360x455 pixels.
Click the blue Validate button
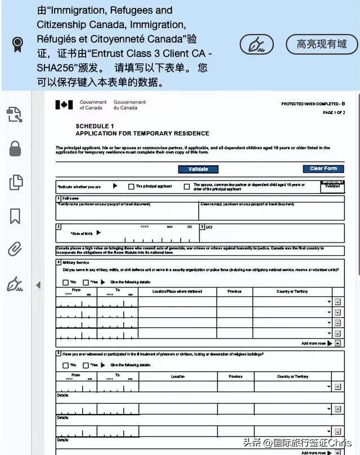pos(198,169)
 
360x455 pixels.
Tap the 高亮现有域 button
pos(322,44)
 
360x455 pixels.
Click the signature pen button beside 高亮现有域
pos(257,44)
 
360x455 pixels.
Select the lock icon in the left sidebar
pos(15,148)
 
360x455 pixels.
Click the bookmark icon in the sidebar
pos(15,216)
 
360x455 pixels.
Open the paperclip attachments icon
pos(15,249)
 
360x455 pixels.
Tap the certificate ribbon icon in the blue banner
pos(18,44)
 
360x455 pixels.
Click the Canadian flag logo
pos(64,105)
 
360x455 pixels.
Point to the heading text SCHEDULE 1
pos(94,126)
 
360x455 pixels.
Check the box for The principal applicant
pos(131,186)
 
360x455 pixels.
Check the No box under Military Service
pos(66,282)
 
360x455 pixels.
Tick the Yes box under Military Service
pos(85,282)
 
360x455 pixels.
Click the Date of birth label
pos(83,232)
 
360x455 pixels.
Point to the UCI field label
pos(209,227)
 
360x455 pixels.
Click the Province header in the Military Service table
pos(235,291)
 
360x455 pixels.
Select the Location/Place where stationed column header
pos(177,291)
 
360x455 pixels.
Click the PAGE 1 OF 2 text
pos(334,113)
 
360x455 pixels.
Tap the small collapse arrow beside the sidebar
pos(38,285)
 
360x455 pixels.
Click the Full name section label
pos(70,199)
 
